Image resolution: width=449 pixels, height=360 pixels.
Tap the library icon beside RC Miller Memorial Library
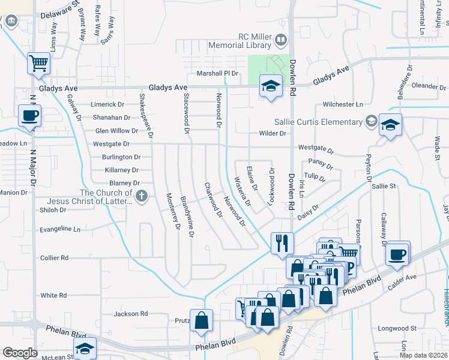[280, 40]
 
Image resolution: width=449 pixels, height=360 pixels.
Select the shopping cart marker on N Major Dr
[39, 62]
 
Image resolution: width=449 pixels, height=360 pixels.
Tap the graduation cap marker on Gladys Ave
[271, 86]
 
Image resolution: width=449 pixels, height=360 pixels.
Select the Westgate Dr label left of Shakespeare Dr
[111, 144]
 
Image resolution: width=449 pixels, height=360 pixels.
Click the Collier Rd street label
[54, 257]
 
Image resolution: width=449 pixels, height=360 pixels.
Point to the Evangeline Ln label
[59, 229]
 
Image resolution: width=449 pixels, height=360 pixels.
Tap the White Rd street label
[53, 295]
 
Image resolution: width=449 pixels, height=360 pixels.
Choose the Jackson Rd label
[131, 313]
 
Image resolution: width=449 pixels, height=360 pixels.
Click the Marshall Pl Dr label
[218, 73]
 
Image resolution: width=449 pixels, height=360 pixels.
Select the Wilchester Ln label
[343, 104]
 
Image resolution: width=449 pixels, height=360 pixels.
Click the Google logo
[20, 353]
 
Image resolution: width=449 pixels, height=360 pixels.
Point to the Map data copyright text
[423, 355]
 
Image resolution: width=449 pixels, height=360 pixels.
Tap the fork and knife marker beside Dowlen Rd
[282, 243]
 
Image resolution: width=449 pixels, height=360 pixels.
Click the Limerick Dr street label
[107, 104]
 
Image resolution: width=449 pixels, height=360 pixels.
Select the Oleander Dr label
[429, 86]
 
